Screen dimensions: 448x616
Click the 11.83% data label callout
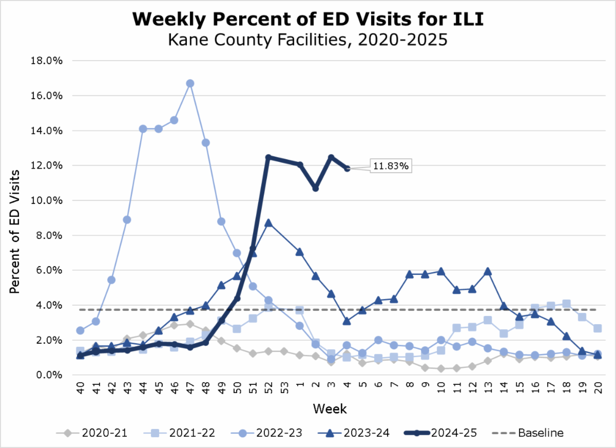pos(391,166)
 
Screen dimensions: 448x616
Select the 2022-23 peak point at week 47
pos(190,83)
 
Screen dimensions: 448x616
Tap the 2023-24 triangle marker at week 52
pos(268,223)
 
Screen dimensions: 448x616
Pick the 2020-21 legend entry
pos(93,433)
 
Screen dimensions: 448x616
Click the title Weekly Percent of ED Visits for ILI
pos(308,19)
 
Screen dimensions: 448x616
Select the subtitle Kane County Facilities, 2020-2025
pos(308,39)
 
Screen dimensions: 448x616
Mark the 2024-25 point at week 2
pos(316,188)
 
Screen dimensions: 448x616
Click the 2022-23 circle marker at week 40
pos(80,330)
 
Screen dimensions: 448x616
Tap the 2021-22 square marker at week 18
pos(567,304)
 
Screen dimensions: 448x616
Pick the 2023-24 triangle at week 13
pos(488,271)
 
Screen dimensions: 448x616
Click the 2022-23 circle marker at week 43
pos(127,220)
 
